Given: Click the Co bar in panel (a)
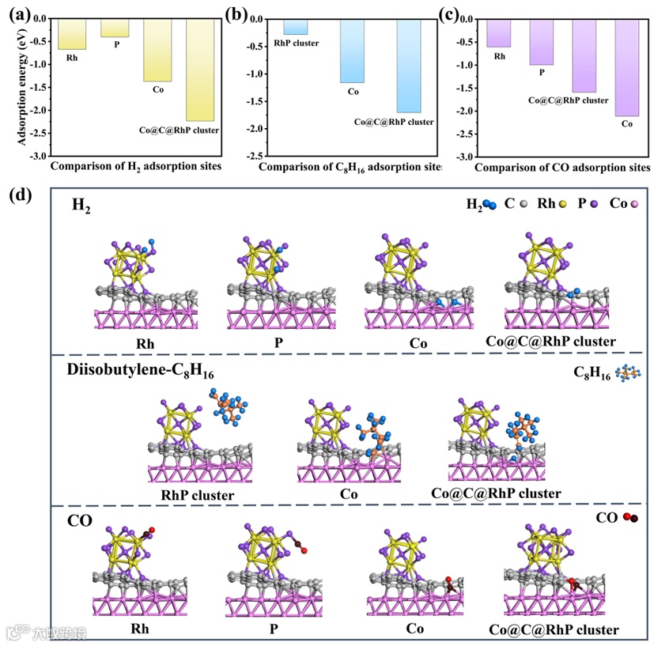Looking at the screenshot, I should point(157,50).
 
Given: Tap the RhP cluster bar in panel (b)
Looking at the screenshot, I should point(295,27).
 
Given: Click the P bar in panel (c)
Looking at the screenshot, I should point(541,42).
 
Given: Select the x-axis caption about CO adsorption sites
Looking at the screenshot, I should point(562,168).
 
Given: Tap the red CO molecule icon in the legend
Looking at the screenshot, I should point(630,518).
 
